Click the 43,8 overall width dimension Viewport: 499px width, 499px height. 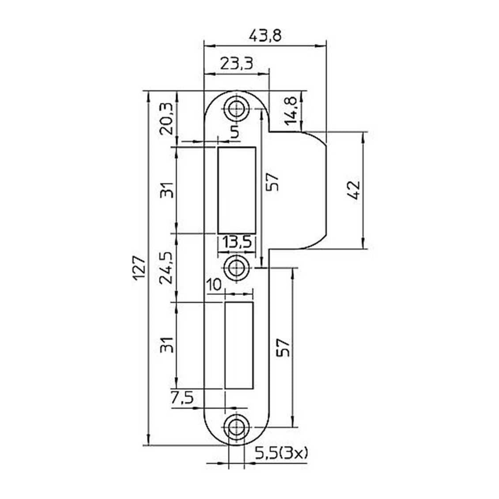265,36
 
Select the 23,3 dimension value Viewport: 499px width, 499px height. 237,64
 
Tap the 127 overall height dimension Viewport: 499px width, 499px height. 139,268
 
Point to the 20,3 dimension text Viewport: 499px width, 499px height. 167,118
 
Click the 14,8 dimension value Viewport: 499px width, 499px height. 291,111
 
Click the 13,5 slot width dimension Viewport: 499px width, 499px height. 237,242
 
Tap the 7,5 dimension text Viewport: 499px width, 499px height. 182,398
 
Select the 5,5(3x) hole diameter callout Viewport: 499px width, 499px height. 282,453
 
